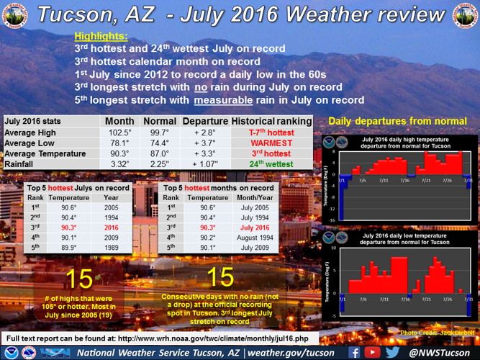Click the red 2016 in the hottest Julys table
pyautogui.click(x=112, y=225)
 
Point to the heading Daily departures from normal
pyautogui.click(x=397, y=120)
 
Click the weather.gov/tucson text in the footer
pyautogui.click(x=288, y=352)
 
